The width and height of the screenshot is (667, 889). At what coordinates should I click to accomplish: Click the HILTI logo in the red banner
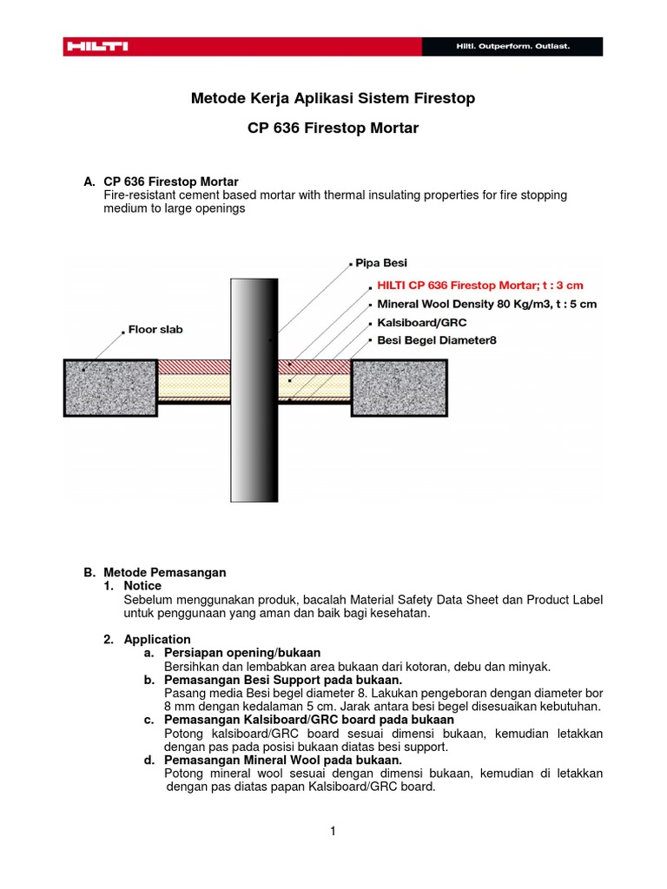click(96, 46)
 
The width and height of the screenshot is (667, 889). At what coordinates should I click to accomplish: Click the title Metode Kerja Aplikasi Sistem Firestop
click(333, 98)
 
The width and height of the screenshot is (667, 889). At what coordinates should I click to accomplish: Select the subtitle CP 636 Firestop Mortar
click(333, 128)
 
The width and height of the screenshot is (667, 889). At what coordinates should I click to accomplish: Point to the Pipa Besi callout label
click(380, 262)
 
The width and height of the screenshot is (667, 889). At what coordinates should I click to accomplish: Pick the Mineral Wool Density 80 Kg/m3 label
click(486, 305)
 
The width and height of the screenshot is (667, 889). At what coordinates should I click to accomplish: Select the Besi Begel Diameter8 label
click(437, 340)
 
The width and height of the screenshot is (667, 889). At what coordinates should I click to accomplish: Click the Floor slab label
click(155, 330)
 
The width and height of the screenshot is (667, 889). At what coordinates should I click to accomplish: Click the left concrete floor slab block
click(109, 388)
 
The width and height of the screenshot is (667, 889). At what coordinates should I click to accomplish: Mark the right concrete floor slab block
click(400, 388)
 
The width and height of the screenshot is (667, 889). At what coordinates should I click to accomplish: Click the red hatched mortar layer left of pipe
click(193, 366)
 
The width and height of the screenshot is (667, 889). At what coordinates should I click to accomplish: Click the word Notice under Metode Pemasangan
click(142, 586)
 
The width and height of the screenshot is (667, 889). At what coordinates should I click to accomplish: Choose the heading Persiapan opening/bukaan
click(242, 652)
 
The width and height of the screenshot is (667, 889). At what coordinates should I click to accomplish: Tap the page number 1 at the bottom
click(333, 831)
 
